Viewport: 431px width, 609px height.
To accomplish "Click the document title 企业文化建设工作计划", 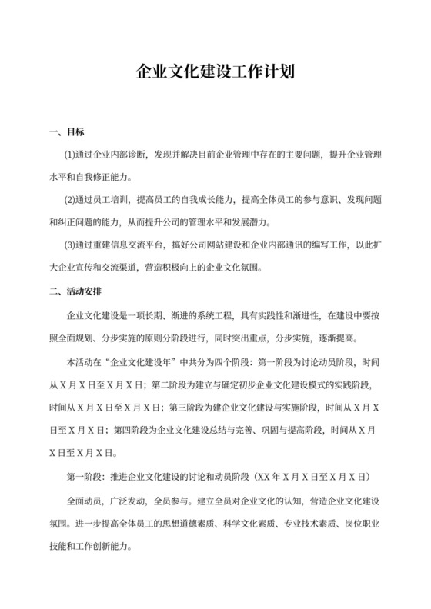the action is click(x=215, y=73).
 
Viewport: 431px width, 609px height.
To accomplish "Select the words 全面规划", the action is click(x=75, y=339).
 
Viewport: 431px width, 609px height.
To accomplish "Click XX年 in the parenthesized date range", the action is click(x=271, y=476).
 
